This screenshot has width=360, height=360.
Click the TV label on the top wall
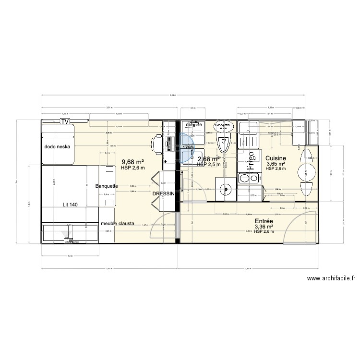65,121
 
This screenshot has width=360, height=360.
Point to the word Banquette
110,186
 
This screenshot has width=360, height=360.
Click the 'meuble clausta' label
117,224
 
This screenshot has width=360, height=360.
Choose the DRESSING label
165,193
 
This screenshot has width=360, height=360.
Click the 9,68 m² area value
133,162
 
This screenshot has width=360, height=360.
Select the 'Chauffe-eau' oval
222,126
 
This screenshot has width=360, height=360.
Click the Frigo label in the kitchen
250,161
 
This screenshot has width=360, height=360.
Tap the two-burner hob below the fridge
249,179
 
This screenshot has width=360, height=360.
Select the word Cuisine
276,158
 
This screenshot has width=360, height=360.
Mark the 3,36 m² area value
264,227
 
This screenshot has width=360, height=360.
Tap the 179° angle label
187,148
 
